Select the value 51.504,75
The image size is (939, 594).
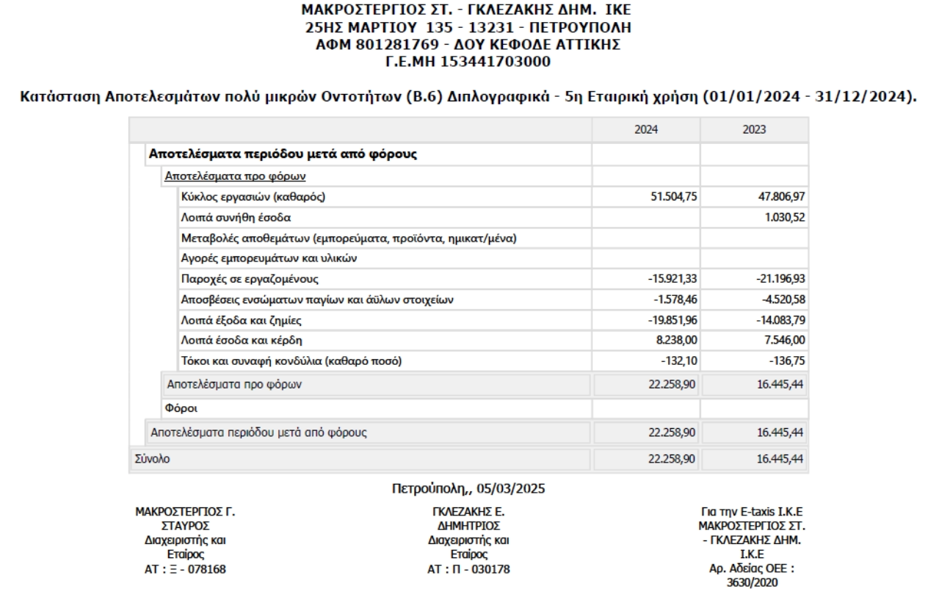[x=669, y=197]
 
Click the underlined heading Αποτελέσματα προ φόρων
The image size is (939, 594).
[x=235, y=175]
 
